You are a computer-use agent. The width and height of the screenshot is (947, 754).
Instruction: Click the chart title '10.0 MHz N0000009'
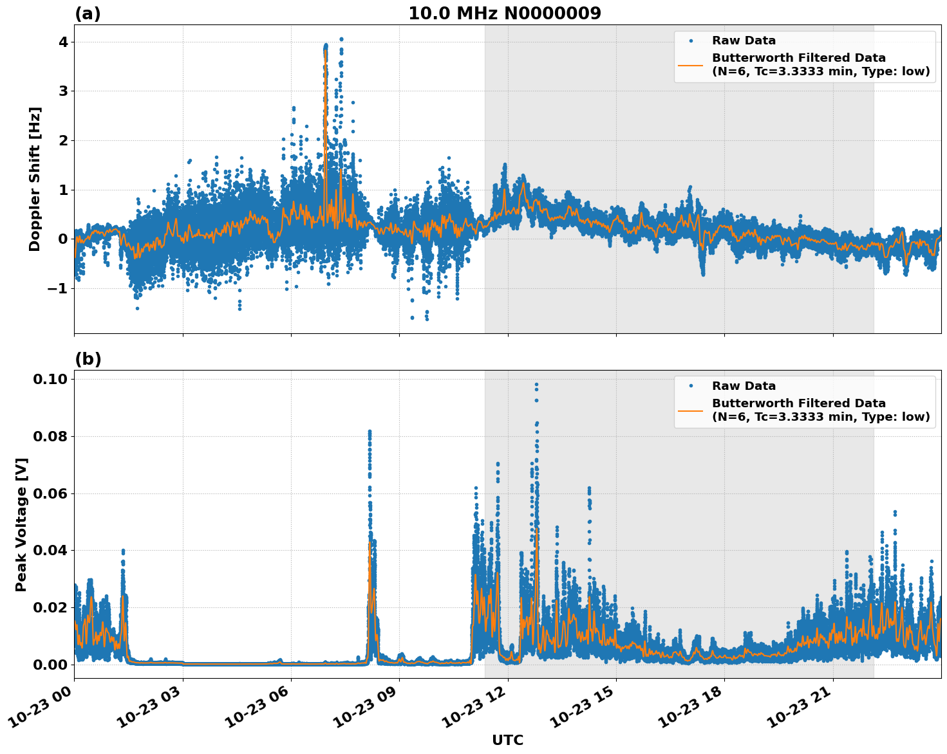(x=504, y=14)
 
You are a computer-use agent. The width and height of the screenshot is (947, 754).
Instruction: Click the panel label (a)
(x=88, y=14)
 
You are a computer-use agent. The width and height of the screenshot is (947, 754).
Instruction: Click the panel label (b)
(x=88, y=359)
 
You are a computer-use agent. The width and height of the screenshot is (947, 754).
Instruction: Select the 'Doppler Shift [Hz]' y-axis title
(x=35, y=179)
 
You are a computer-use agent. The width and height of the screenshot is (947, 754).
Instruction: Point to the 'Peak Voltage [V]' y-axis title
(x=21, y=524)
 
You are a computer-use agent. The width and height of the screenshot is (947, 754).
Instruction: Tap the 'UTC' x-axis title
(x=507, y=740)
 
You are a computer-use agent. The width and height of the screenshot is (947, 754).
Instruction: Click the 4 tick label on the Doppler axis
(x=63, y=42)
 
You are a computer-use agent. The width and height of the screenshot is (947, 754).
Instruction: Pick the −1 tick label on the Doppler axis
(x=58, y=288)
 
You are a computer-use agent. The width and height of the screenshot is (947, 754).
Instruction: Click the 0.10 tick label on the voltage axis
(x=50, y=379)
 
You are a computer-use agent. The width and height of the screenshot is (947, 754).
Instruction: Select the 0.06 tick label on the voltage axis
(x=50, y=493)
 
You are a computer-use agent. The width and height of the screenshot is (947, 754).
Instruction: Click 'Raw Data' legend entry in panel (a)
(x=744, y=41)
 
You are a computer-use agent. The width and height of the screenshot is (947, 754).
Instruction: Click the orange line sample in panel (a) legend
(x=690, y=64)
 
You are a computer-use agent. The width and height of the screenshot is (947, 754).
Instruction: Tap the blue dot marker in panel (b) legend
(x=690, y=386)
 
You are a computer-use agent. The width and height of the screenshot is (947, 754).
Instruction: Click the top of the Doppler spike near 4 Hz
(x=341, y=39)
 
